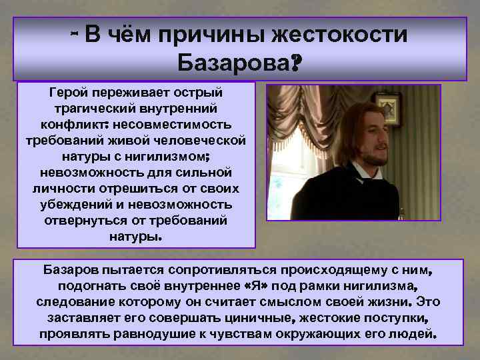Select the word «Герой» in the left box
pos(69,91)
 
